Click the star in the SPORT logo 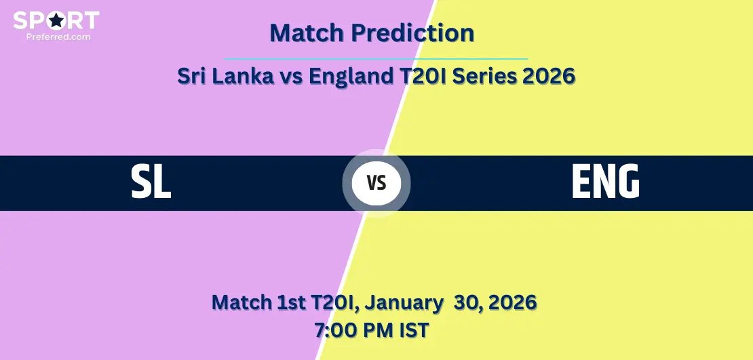click(56, 20)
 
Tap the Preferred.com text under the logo click(58, 37)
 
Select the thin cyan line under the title click(376, 59)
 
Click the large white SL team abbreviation click(151, 182)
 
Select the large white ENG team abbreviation click(606, 182)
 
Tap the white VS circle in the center click(376, 183)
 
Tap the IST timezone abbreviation click(414, 330)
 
